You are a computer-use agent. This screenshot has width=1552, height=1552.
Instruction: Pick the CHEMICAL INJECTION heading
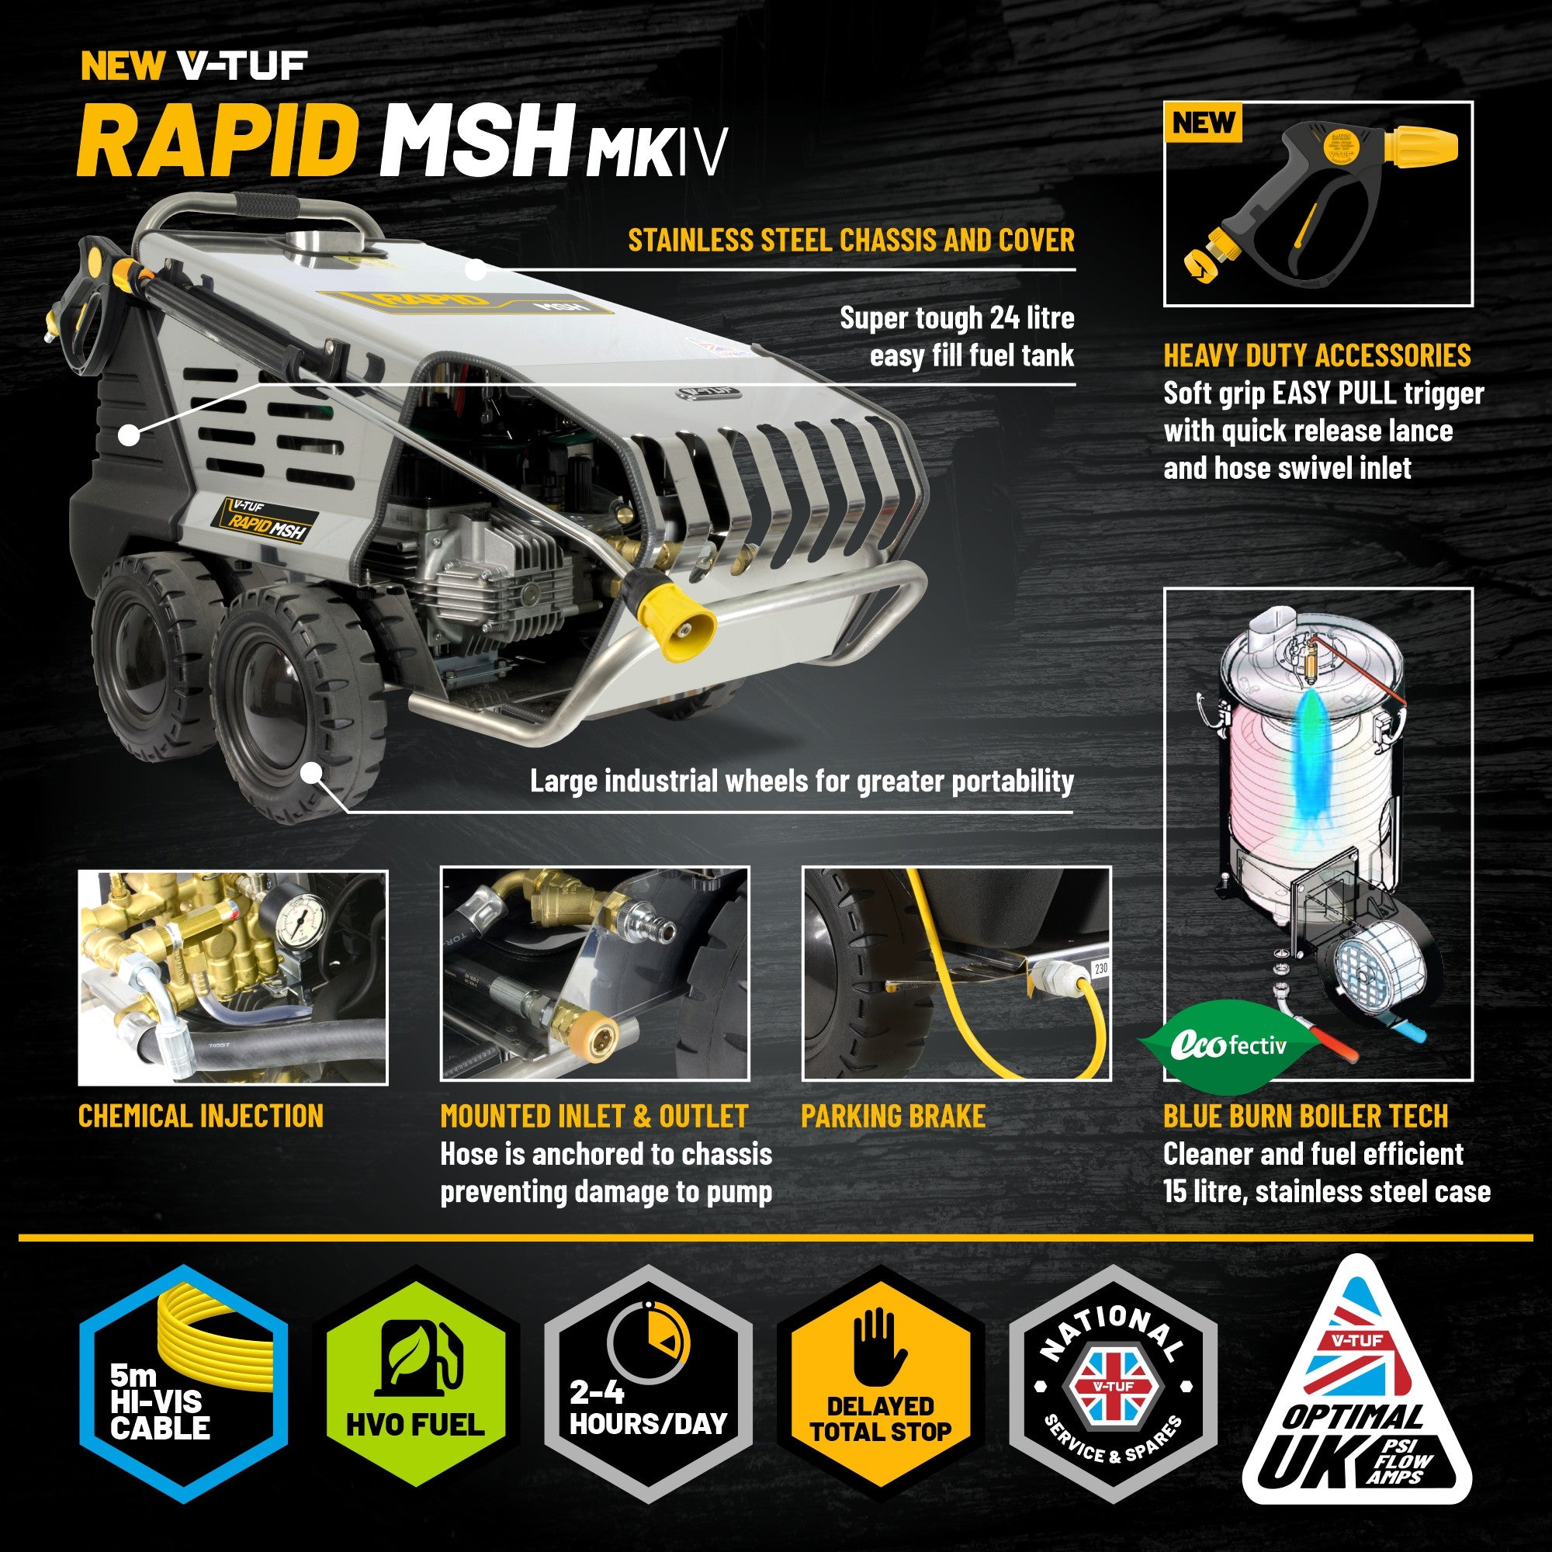(x=201, y=1116)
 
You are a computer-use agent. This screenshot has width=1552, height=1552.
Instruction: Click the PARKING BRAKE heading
(x=893, y=1116)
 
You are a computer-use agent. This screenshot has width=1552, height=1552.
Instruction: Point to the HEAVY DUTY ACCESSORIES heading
(x=1318, y=355)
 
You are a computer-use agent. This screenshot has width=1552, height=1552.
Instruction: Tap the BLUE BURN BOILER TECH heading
(x=1305, y=1116)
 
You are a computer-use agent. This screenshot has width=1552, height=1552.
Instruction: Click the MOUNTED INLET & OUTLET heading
(x=594, y=1116)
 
